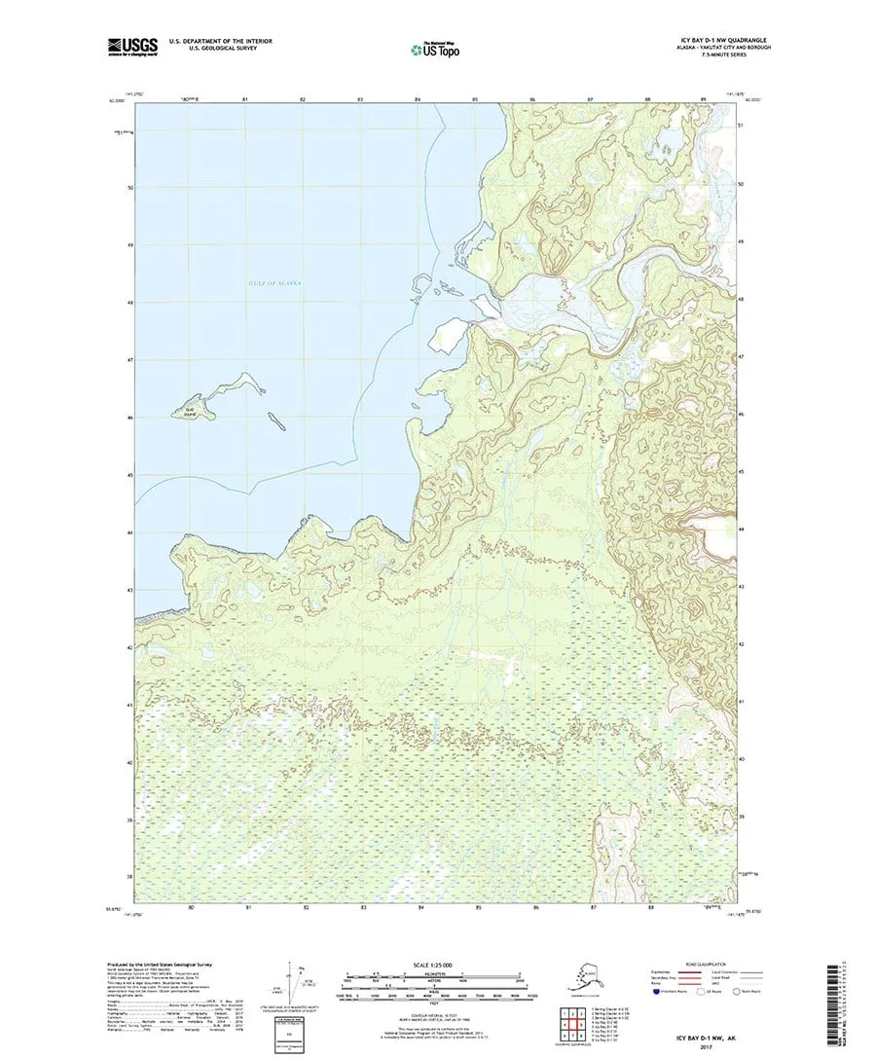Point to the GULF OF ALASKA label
(274, 282)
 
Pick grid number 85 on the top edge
(475, 99)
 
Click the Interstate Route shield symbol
(656, 993)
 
